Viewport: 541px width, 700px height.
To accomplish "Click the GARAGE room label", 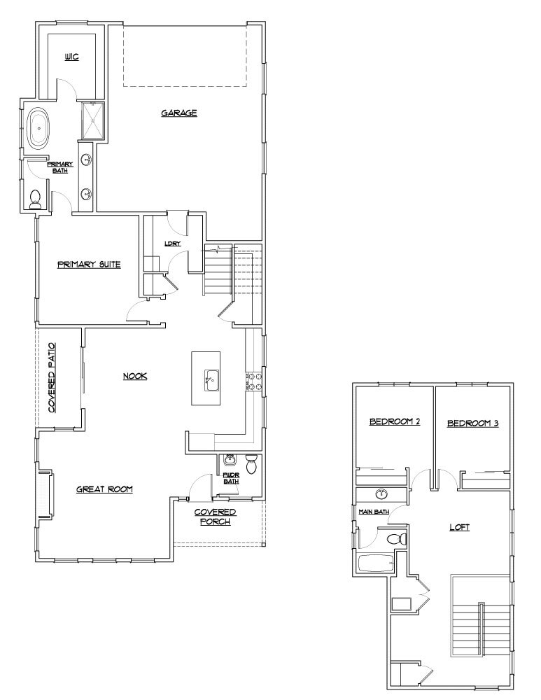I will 178,113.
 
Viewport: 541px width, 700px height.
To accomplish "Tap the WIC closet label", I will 71,57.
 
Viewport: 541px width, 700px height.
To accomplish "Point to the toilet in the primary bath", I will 36,199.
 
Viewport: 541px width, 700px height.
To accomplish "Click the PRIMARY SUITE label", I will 89,265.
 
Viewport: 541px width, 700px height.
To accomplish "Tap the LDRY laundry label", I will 173,244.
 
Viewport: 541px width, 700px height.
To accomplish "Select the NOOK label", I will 134,376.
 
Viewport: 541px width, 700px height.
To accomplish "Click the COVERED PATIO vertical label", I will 52,378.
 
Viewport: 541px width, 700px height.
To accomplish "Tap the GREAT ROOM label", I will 104,489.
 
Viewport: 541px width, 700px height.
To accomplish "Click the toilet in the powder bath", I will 253,463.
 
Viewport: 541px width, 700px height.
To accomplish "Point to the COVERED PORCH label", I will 215,517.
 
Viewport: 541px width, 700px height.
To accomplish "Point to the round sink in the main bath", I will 381,494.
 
